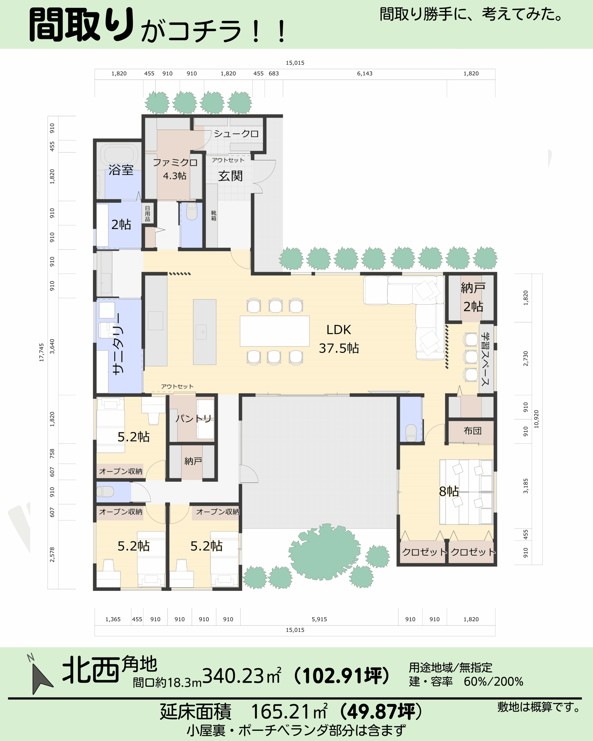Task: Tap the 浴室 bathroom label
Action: tap(121, 170)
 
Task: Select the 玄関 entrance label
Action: tap(230, 176)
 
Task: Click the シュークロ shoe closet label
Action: tap(236, 133)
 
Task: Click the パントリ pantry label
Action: tap(193, 418)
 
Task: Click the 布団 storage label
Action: tap(472, 431)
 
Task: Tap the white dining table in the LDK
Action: tap(275, 331)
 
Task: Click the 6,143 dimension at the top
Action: tap(365, 74)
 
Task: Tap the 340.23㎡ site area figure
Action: tap(242, 676)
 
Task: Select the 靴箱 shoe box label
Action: tap(213, 215)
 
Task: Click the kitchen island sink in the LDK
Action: tap(203, 332)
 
